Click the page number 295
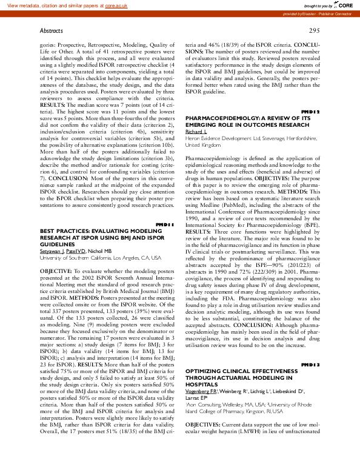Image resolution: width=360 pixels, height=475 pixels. click(314, 30)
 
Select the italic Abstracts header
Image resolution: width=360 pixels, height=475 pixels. click(52, 30)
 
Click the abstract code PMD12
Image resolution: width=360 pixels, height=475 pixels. click(310, 111)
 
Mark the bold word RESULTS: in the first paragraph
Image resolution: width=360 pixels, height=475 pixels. click(53, 104)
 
